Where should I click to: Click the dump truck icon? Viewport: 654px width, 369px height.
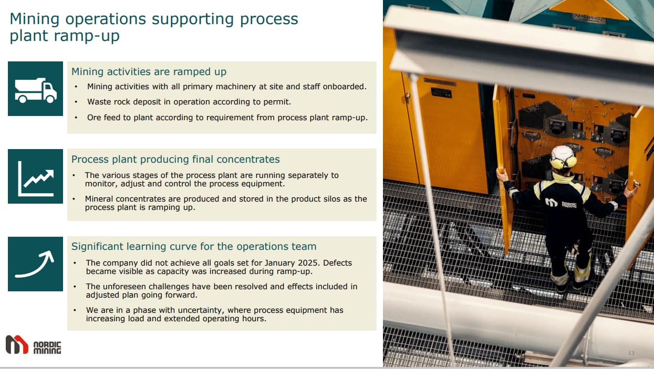tap(36, 90)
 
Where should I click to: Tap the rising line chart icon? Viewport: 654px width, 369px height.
tap(36, 178)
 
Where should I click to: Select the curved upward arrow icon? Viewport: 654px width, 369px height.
tap(35, 263)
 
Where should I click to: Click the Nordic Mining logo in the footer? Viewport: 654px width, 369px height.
tap(33, 344)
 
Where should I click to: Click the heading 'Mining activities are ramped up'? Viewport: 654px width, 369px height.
tap(149, 72)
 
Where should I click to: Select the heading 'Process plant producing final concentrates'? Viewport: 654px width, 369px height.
tap(175, 159)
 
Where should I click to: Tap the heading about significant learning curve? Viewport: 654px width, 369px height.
tap(194, 247)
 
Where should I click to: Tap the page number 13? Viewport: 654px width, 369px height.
tap(631, 353)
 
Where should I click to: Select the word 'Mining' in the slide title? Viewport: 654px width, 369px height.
tap(35, 19)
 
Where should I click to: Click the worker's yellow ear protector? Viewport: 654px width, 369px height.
tap(571, 162)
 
